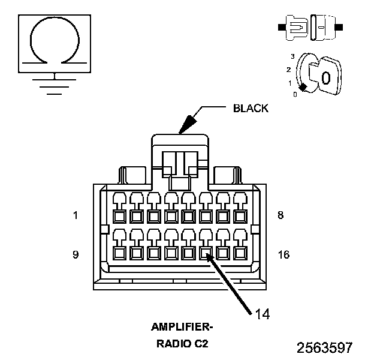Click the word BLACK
pyautogui.click(x=251, y=109)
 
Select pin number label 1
pyautogui.click(x=76, y=215)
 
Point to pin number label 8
pyautogui.click(x=280, y=215)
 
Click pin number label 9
pyautogui.click(x=76, y=254)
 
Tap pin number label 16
pyautogui.click(x=284, y=255)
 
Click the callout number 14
pyautogui.click(x=263, y=314)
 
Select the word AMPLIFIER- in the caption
pyautogui.click(x=182, y=327)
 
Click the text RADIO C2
pyautogui.click(x=182, y=344)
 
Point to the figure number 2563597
pyautogui.click(x=324, y=347)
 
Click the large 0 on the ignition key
pyautogui.click(x=326, y=78)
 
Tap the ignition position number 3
pyautogui.click(x=292, y=56)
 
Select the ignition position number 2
pyautogui.click(x=289, y=70)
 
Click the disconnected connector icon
pyautogui.click(x=310, y=27)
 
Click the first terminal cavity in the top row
pyautogui.click(x=119, y=217)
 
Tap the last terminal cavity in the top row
pyautogui.click(x=240, y=217)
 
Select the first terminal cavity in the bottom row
pyautogui.click(x=119, y=253)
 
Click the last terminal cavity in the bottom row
pyautogui.click(x=240, y=253)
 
